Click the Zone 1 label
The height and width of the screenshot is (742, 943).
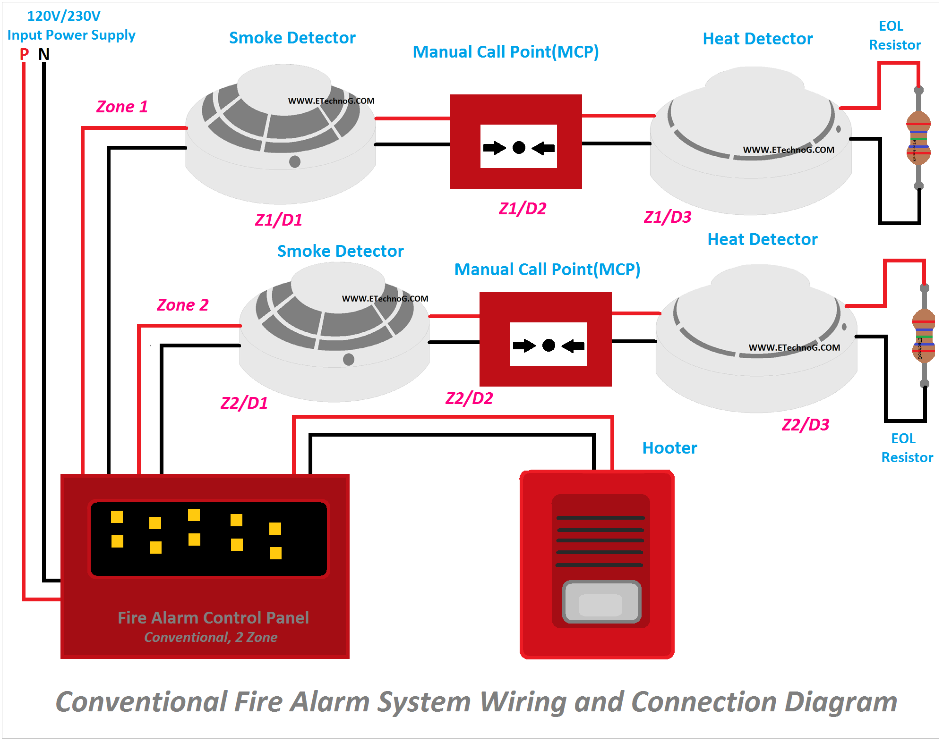(122, 107)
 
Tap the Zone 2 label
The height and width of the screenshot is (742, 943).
(182, 305)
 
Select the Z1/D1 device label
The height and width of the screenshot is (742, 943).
(278, 220)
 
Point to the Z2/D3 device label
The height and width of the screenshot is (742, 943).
(805, 425)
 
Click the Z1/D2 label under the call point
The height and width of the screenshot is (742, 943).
(522, 209)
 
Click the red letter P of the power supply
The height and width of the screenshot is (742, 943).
(24, 55)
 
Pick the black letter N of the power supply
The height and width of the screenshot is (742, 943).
(44, 55)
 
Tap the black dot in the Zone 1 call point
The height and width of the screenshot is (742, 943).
(519, 148)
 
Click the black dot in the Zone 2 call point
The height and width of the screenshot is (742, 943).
(549, 346)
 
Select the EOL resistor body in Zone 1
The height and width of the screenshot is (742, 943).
(918, 138)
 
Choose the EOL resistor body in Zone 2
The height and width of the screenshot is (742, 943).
(924, 336)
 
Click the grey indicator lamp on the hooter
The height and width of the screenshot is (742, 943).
(601, 602)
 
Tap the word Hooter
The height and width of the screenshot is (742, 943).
(669, 448)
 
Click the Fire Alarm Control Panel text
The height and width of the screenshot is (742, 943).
(213, 618)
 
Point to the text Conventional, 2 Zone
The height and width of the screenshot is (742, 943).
(211, 638)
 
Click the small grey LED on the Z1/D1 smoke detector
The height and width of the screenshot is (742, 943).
(295, 162)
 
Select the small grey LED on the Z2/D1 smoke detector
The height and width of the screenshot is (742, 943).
(349, 360)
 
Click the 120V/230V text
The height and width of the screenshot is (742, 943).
(64, 16)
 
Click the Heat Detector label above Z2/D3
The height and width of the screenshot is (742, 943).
(762, 239)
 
